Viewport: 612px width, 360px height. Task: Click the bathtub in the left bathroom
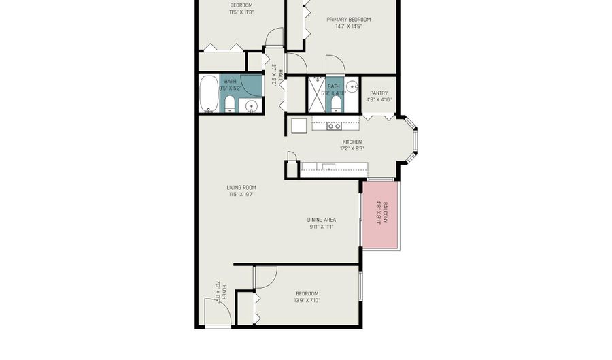click(208, 94)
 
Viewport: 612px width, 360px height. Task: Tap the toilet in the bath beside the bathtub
click(230, 104)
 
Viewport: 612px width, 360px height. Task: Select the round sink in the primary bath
click(351, 86)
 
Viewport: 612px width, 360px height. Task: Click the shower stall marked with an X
click(317, 94)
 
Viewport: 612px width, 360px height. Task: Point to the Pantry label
click(379, 93)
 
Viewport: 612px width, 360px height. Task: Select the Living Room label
click(241, 187)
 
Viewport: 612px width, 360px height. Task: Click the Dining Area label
click(322, 219)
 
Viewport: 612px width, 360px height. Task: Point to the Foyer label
click(223, 288)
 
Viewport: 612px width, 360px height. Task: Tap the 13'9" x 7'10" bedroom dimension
click(307, 300)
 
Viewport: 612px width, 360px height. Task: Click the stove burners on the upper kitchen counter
click(335, 125)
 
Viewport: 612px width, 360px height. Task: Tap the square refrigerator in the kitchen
click(299, 126)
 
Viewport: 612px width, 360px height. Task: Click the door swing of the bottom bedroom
click(266, 276)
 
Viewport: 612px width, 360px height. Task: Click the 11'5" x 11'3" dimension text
click(241, 12)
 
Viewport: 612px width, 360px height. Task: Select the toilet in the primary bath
click(337, 103)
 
